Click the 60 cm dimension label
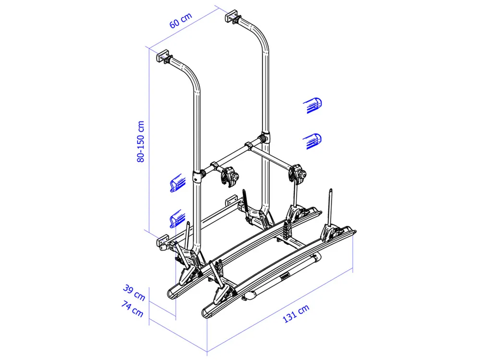tap(180, 20)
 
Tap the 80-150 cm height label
tap(141, 142)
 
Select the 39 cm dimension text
tap(134, 292)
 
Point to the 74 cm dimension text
tap(132, 309)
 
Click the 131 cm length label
tap(296, 313)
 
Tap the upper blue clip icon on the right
tap(312, 105)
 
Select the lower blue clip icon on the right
tap(312, 141)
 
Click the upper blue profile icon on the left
tap(178, 183)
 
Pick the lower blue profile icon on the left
tap(178, 218)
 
